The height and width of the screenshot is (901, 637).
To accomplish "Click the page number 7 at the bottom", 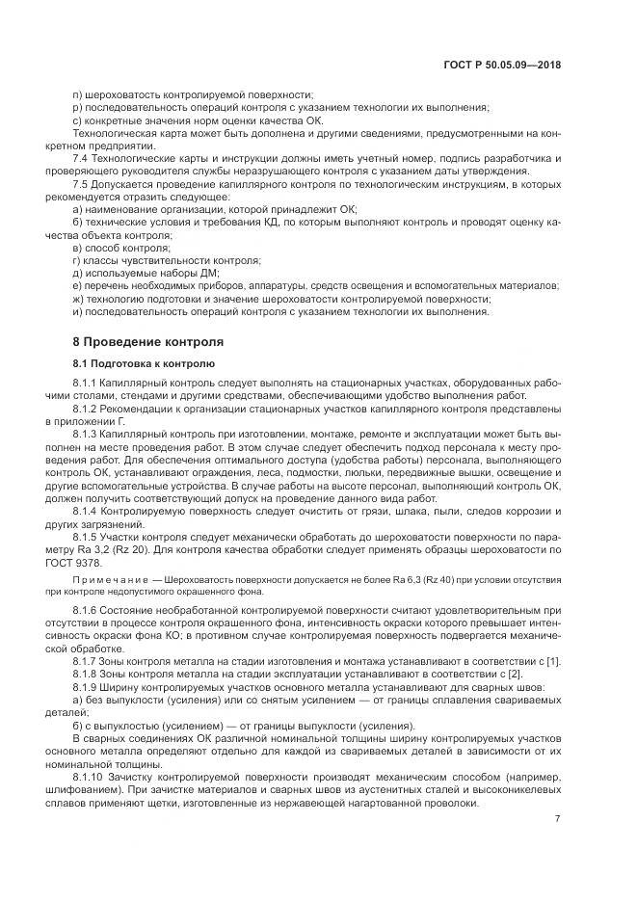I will (x=558, y=818).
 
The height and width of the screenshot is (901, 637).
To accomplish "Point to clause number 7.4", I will (x=82, y=158).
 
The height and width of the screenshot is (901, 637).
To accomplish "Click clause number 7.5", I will (x=82, y=183).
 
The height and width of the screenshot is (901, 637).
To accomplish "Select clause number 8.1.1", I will (x=87, y=385).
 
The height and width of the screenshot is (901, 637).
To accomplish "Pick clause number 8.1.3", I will (x=87, y=436).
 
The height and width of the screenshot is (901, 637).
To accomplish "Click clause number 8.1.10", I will (x=90, y=776).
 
